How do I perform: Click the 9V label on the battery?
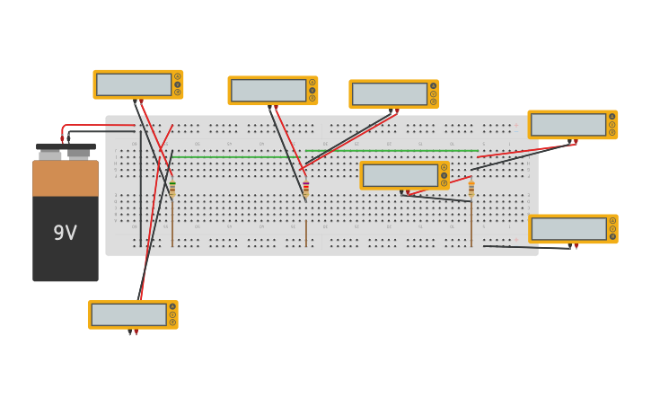coord(65,234)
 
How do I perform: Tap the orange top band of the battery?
coord(66,178)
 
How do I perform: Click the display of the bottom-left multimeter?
coord(128,314)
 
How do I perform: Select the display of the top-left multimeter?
coord(134,84)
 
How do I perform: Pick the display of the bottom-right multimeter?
coord(568,229)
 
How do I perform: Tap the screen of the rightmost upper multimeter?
coord(568,125)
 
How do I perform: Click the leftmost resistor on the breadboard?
coord(172,190)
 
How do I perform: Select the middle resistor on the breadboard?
coord(305,190)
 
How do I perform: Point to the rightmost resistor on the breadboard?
coord(471,190)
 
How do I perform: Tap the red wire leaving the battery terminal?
coord(99,125)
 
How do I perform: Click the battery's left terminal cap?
coord(51,153)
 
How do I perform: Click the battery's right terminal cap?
coord(79,153)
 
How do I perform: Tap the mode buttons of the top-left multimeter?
coord(178,84)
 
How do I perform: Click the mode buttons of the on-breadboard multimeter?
coord(444,175)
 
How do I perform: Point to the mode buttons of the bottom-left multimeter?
coord(172,314)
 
